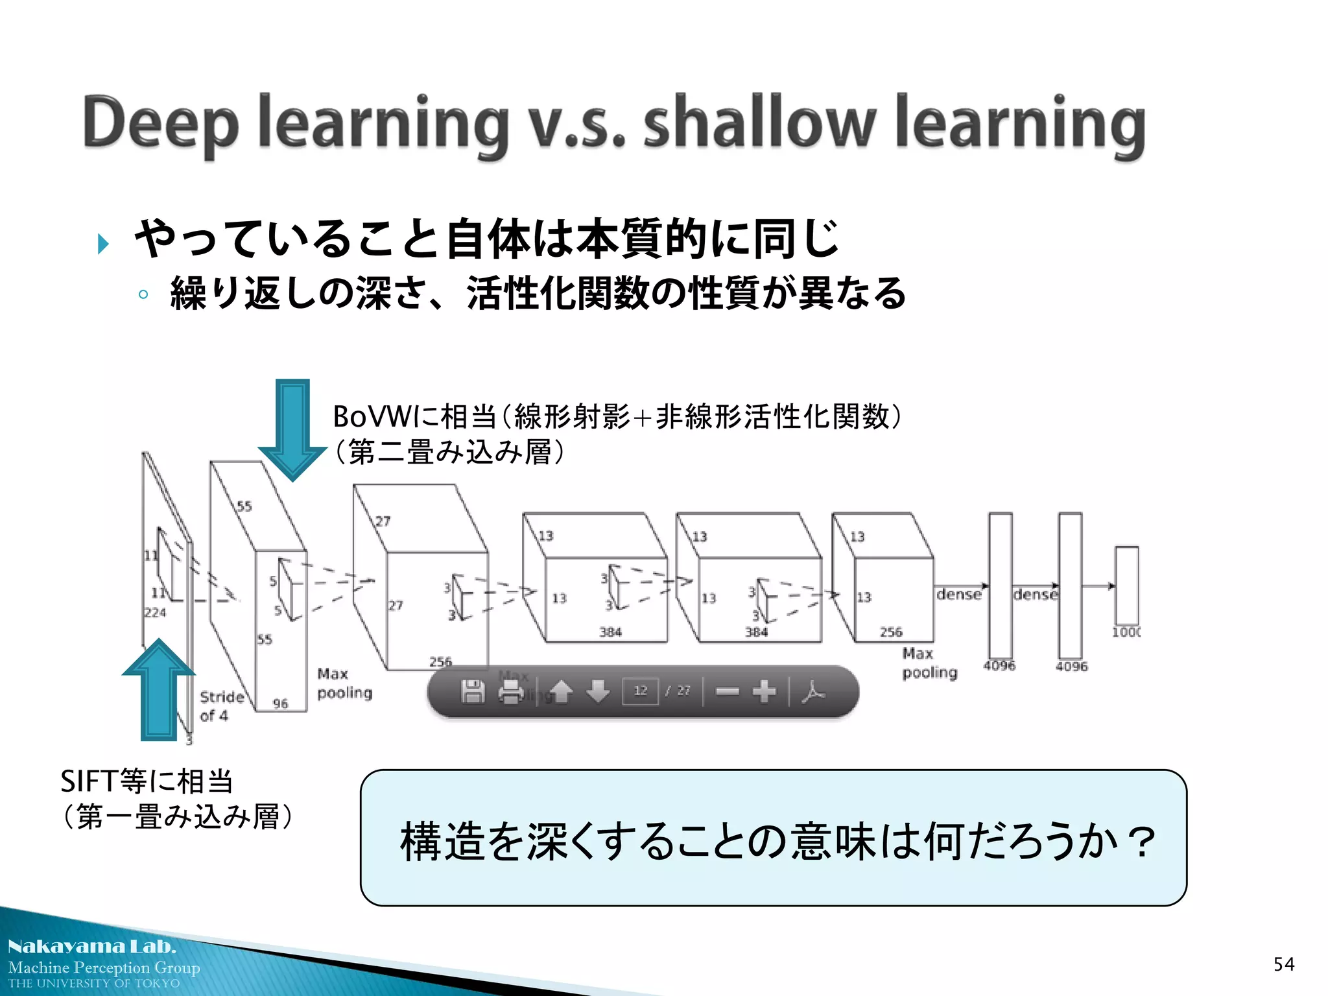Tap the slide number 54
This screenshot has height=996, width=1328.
[x=1283, y=964]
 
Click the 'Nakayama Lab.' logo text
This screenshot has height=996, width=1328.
[x=91, y=946]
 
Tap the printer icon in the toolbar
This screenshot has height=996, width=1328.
[x=511, y=692]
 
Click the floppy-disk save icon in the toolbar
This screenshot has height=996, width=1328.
[x=473, y=692]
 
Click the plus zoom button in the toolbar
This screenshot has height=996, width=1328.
[x=764, y=691]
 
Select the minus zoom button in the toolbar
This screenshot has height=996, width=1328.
[x=727, y=691]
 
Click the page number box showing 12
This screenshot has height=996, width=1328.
[x=640, y=691]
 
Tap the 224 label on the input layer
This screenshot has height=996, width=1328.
[x=155, y=613]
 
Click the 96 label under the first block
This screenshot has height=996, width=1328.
[x=280, y=704]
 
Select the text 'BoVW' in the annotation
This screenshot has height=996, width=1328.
[x=370, y=416]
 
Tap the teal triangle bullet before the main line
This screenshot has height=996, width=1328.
[x=102, y=244]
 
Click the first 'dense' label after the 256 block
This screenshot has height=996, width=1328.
[x=958, y=594]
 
